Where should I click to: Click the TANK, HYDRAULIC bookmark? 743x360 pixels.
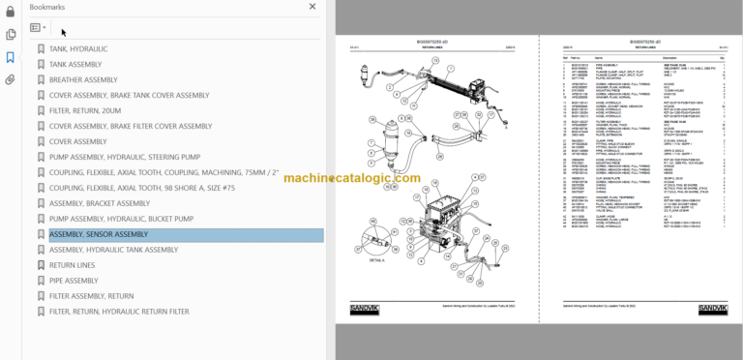[x=78, y=48]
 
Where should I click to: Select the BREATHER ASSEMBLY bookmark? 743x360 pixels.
[x=83, y=79]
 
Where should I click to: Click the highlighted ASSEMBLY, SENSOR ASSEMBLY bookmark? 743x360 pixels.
[x=99, y=234]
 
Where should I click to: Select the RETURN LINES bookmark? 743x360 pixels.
[x=72, y=265]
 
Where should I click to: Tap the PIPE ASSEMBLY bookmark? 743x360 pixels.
[x=74, y=281]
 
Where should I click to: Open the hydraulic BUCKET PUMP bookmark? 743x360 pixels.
[x=121, y=219]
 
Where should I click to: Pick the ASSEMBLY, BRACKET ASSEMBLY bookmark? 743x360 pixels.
[x=100, y=203]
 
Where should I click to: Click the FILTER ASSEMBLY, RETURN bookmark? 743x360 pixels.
[x=91, y=296]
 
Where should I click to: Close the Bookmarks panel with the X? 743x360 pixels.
[x=312, y=6]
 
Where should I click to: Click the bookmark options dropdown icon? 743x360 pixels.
[x=39, y=28]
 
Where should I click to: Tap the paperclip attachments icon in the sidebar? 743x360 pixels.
[x=10, y=79]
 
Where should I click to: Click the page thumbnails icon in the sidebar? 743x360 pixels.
[x=10, y=34]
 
